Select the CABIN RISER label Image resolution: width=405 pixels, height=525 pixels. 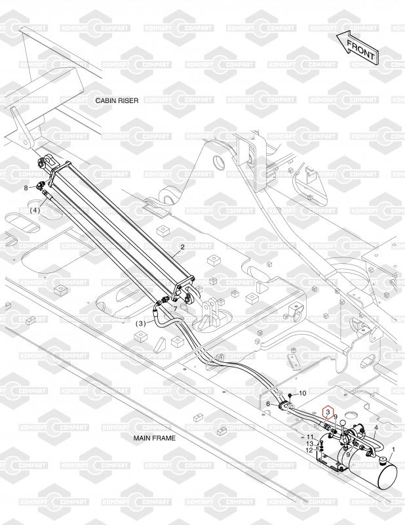pyautogui.click(x=118, y=100)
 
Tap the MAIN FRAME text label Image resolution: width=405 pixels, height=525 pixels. pyautogui.click(x=155, y=437)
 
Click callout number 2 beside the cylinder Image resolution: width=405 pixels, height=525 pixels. pyautogui.click(x=182, y=247)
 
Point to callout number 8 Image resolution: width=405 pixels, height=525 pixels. pyautogui.click(x=27, y=188)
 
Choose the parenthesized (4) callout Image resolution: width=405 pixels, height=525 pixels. pyautogui.click(x=35, y=210)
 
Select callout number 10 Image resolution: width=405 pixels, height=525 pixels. pyautogui.click(x=302, y=393)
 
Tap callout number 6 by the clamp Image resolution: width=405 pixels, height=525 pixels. pyautogui.click(x=269, y=404)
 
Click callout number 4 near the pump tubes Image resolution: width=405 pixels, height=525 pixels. pyautogui.click(x=376, y=428)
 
